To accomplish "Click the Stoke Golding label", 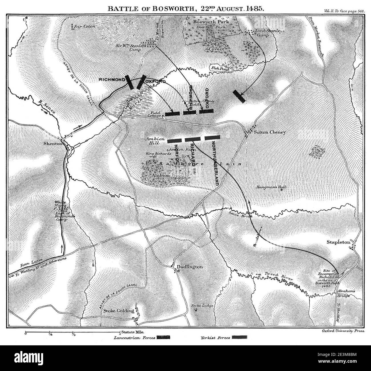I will click(118, 311).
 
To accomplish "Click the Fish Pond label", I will click(218, 68).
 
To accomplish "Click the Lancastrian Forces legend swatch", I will click(163, 338).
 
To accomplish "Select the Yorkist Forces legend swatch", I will click(240, 337).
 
